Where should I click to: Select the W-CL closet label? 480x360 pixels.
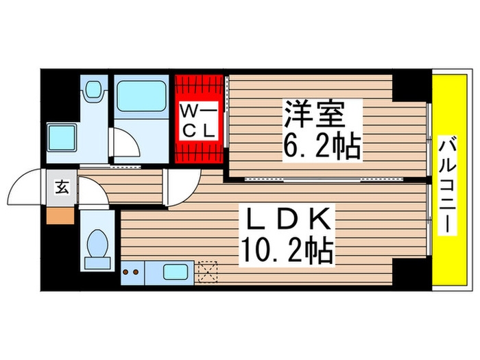199,119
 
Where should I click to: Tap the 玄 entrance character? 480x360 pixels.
60,187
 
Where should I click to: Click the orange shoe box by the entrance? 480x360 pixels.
59,215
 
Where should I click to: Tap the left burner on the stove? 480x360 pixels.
127,273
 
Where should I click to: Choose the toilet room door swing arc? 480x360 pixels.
94,194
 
